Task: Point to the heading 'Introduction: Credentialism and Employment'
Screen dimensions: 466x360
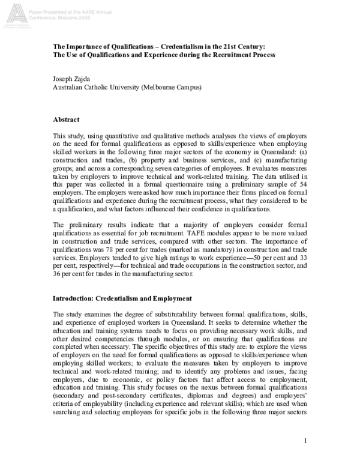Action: point(122,298)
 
